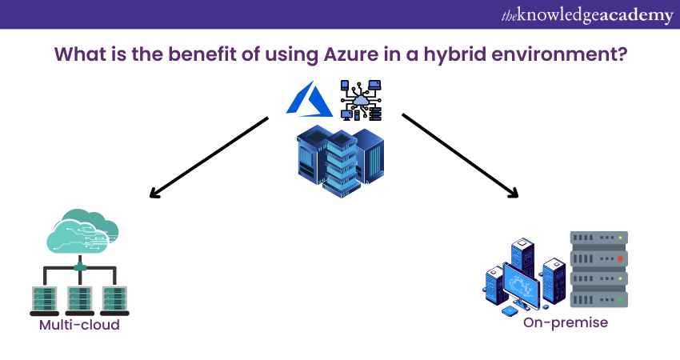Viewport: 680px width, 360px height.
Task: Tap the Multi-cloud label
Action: point(79,326)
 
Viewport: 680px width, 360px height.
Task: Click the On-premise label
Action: point(566,322)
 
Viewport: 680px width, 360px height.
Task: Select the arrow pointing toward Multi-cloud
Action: point(208,156)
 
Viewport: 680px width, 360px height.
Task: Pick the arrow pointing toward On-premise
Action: point(460,156)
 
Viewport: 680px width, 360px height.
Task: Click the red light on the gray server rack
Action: point(620,259)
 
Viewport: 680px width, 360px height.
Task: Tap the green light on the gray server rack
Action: point(620,300)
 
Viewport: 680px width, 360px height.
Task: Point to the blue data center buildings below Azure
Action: point(340,155)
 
